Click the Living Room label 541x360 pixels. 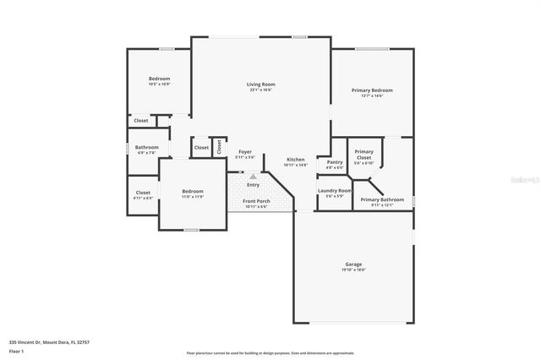click(260, 85)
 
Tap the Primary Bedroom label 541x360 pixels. click(372, 90)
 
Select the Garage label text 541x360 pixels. click(353, 265)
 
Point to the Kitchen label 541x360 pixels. click(295, 160)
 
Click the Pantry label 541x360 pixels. click(335, 162)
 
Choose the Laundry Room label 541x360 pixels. click(335, 191)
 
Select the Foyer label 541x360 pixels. click(244, 152)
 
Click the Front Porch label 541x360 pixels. click(255, 201)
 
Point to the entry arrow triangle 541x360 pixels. click(252, 176)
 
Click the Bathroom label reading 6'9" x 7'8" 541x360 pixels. click(146, 148)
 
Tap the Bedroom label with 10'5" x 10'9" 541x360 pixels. click(159, 79)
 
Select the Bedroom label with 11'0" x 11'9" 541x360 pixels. click(193, 192)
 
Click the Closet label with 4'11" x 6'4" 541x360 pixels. click(143, 193)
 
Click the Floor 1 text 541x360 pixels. click(17, 351)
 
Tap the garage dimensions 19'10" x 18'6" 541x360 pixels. click(353, 270)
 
